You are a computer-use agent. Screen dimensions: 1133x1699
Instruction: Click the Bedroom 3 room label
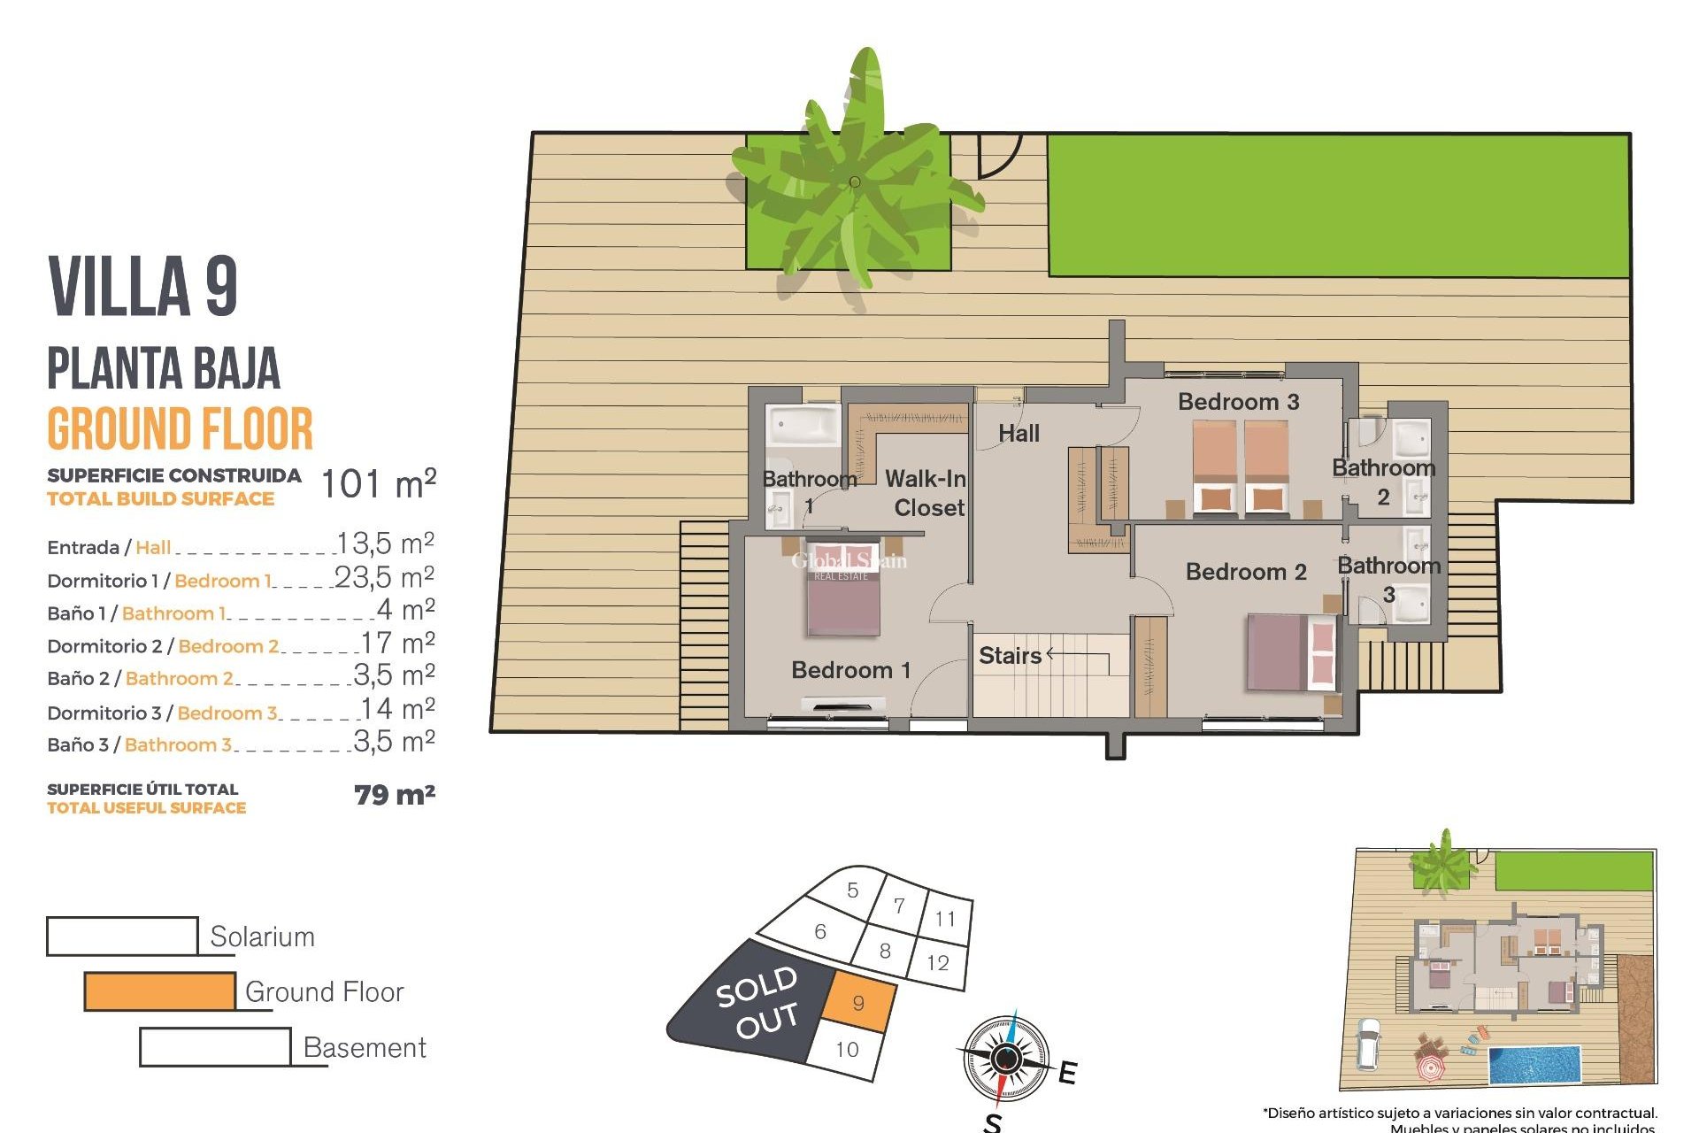(x=1238, y=402)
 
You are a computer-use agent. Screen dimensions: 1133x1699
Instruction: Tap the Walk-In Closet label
(x=926, y=493)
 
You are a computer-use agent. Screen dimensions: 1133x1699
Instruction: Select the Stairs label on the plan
(x=1010, y=656)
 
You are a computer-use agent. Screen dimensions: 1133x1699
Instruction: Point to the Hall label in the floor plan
(x=1019, y=434)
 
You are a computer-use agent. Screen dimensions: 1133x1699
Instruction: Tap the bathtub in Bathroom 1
(x=803, y=425)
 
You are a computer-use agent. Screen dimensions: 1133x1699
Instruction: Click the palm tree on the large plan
(x=855, y=182)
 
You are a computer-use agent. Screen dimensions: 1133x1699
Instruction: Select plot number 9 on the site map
(x=858, y=1004)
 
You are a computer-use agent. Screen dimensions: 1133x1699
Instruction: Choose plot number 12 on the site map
(x=938, y=963)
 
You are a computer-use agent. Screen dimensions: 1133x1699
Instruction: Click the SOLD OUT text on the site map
(x=757, y=1003)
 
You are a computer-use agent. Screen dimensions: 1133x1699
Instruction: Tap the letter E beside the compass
(x=1068, y=1073)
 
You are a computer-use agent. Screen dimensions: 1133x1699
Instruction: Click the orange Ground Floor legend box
(x=160, y=991)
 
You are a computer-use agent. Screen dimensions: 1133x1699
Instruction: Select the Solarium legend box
(x=122, y=936)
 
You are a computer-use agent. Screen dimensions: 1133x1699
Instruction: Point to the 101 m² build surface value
(x=378, y=484)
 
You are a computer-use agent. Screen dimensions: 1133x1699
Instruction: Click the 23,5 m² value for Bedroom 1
(x=384, y=578)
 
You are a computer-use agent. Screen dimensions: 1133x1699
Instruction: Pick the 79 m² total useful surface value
(x=395, y=795)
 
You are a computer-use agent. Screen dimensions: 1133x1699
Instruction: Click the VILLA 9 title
(x=143, y=286)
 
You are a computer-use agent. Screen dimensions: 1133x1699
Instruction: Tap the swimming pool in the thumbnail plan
(x=1534, y=1066)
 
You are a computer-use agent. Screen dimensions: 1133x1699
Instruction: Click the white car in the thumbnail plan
(x=1368, y=1044)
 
